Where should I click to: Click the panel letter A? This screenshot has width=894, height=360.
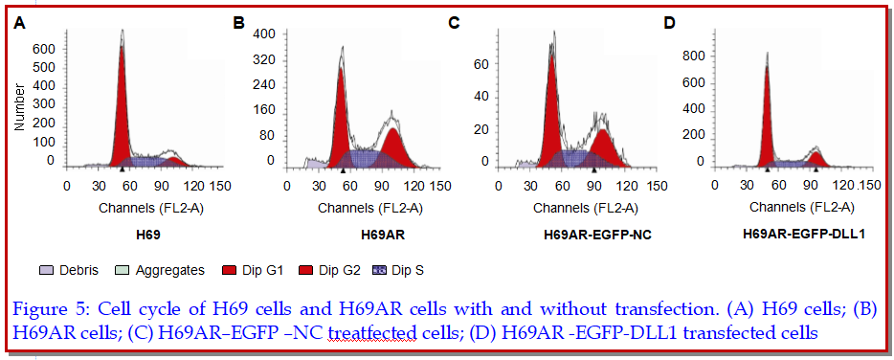tap(20, 23)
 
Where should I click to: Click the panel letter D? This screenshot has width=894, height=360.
tap(669, 23)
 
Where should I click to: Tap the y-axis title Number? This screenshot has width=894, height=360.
tap(20, 108)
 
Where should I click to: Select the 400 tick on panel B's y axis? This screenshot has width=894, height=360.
tap(266, 34)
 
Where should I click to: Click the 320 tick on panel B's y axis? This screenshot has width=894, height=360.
tap(266, 60)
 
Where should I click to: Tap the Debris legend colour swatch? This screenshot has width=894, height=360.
tap(47, 270)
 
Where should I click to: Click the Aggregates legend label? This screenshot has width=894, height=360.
tap(170, 270)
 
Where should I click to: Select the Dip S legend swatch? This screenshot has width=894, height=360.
tap(379, 270)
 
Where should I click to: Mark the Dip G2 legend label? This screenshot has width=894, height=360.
tap(339, 270)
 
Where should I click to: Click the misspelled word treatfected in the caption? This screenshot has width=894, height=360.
tap(371, 332)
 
